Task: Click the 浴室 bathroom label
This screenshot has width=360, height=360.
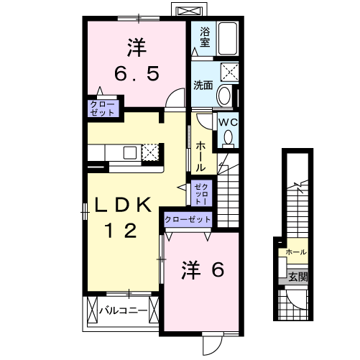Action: [x=205, y=37]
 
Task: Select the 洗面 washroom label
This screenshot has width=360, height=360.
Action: [x=203, y=85]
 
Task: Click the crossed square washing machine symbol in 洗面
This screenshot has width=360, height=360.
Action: [x=230, y=71]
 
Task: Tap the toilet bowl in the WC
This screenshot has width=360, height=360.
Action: [x=229, y=136]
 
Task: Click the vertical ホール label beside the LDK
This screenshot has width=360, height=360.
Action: [x=200, y=154]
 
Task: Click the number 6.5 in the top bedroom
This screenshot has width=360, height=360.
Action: [x=136, y=73]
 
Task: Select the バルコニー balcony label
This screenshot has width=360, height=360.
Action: [x=123, y=311]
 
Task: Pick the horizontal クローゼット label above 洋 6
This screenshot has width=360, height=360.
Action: [x=188, y=219]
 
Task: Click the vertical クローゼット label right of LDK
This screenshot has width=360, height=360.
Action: [x=201, y=193]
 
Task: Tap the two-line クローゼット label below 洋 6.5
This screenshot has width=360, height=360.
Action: [x=101, y=109]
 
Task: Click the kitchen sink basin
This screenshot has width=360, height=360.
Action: [x=129, y=152]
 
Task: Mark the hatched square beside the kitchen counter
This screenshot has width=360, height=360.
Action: [x=150, y=152]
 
